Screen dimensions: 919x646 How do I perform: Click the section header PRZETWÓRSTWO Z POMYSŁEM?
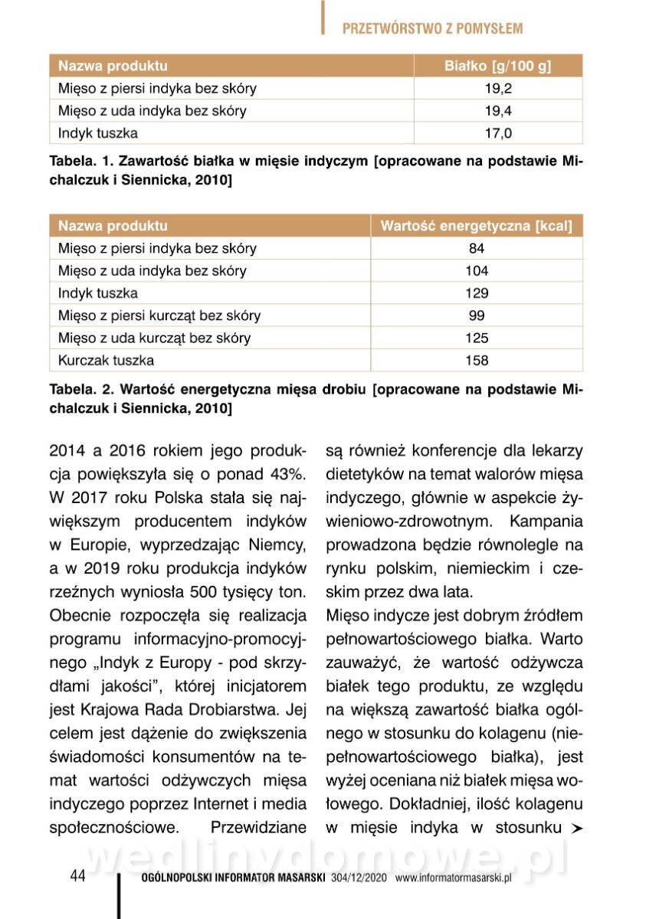point(432,29)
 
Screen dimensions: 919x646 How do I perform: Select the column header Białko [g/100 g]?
point(498,66)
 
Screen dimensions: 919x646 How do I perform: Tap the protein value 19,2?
point(498,88)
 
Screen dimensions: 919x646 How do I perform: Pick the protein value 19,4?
point(498,111)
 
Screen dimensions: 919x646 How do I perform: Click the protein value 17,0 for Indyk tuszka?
point(498,133)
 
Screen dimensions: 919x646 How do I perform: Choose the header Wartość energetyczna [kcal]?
point(476,226)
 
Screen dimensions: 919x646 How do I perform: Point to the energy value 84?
point(476,248)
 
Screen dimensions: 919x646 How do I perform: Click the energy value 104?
point(476,270)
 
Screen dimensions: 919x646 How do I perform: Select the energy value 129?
point(476,293)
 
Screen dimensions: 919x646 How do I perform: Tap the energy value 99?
point(476,316)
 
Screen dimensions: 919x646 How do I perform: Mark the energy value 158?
point(476,360)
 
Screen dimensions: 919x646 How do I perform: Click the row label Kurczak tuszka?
point(106,360)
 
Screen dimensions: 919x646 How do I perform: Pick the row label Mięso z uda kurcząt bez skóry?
point(154,338)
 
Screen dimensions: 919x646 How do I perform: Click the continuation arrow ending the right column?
point(574,829)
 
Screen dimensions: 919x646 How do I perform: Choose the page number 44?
point(77,876)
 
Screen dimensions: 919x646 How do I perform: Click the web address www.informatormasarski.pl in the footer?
point(453,878)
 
